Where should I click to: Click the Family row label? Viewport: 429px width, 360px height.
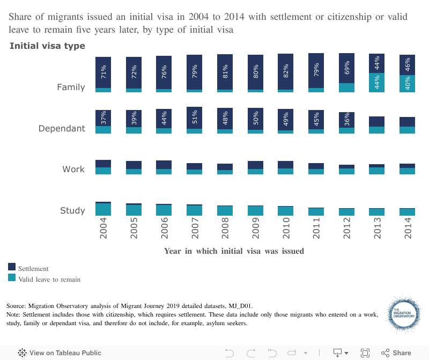coord(71,87)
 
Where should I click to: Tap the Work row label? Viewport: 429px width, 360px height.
coord(73,170)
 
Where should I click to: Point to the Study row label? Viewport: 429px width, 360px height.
coord(72,210)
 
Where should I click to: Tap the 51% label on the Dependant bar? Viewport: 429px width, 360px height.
coord(195,117)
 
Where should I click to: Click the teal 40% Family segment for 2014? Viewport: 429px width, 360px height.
coord(408,83)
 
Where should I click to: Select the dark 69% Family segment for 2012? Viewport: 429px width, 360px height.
coord(347,68)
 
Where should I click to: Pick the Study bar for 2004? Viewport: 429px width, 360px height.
coord(103,209)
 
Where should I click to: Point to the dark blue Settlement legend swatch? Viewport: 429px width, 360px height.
coord(12,267)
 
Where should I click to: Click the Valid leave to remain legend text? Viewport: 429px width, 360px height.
coord(49,279)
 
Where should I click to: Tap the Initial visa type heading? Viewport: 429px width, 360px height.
coord(47,46)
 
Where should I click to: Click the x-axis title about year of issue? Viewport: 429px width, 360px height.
coord(234,251)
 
